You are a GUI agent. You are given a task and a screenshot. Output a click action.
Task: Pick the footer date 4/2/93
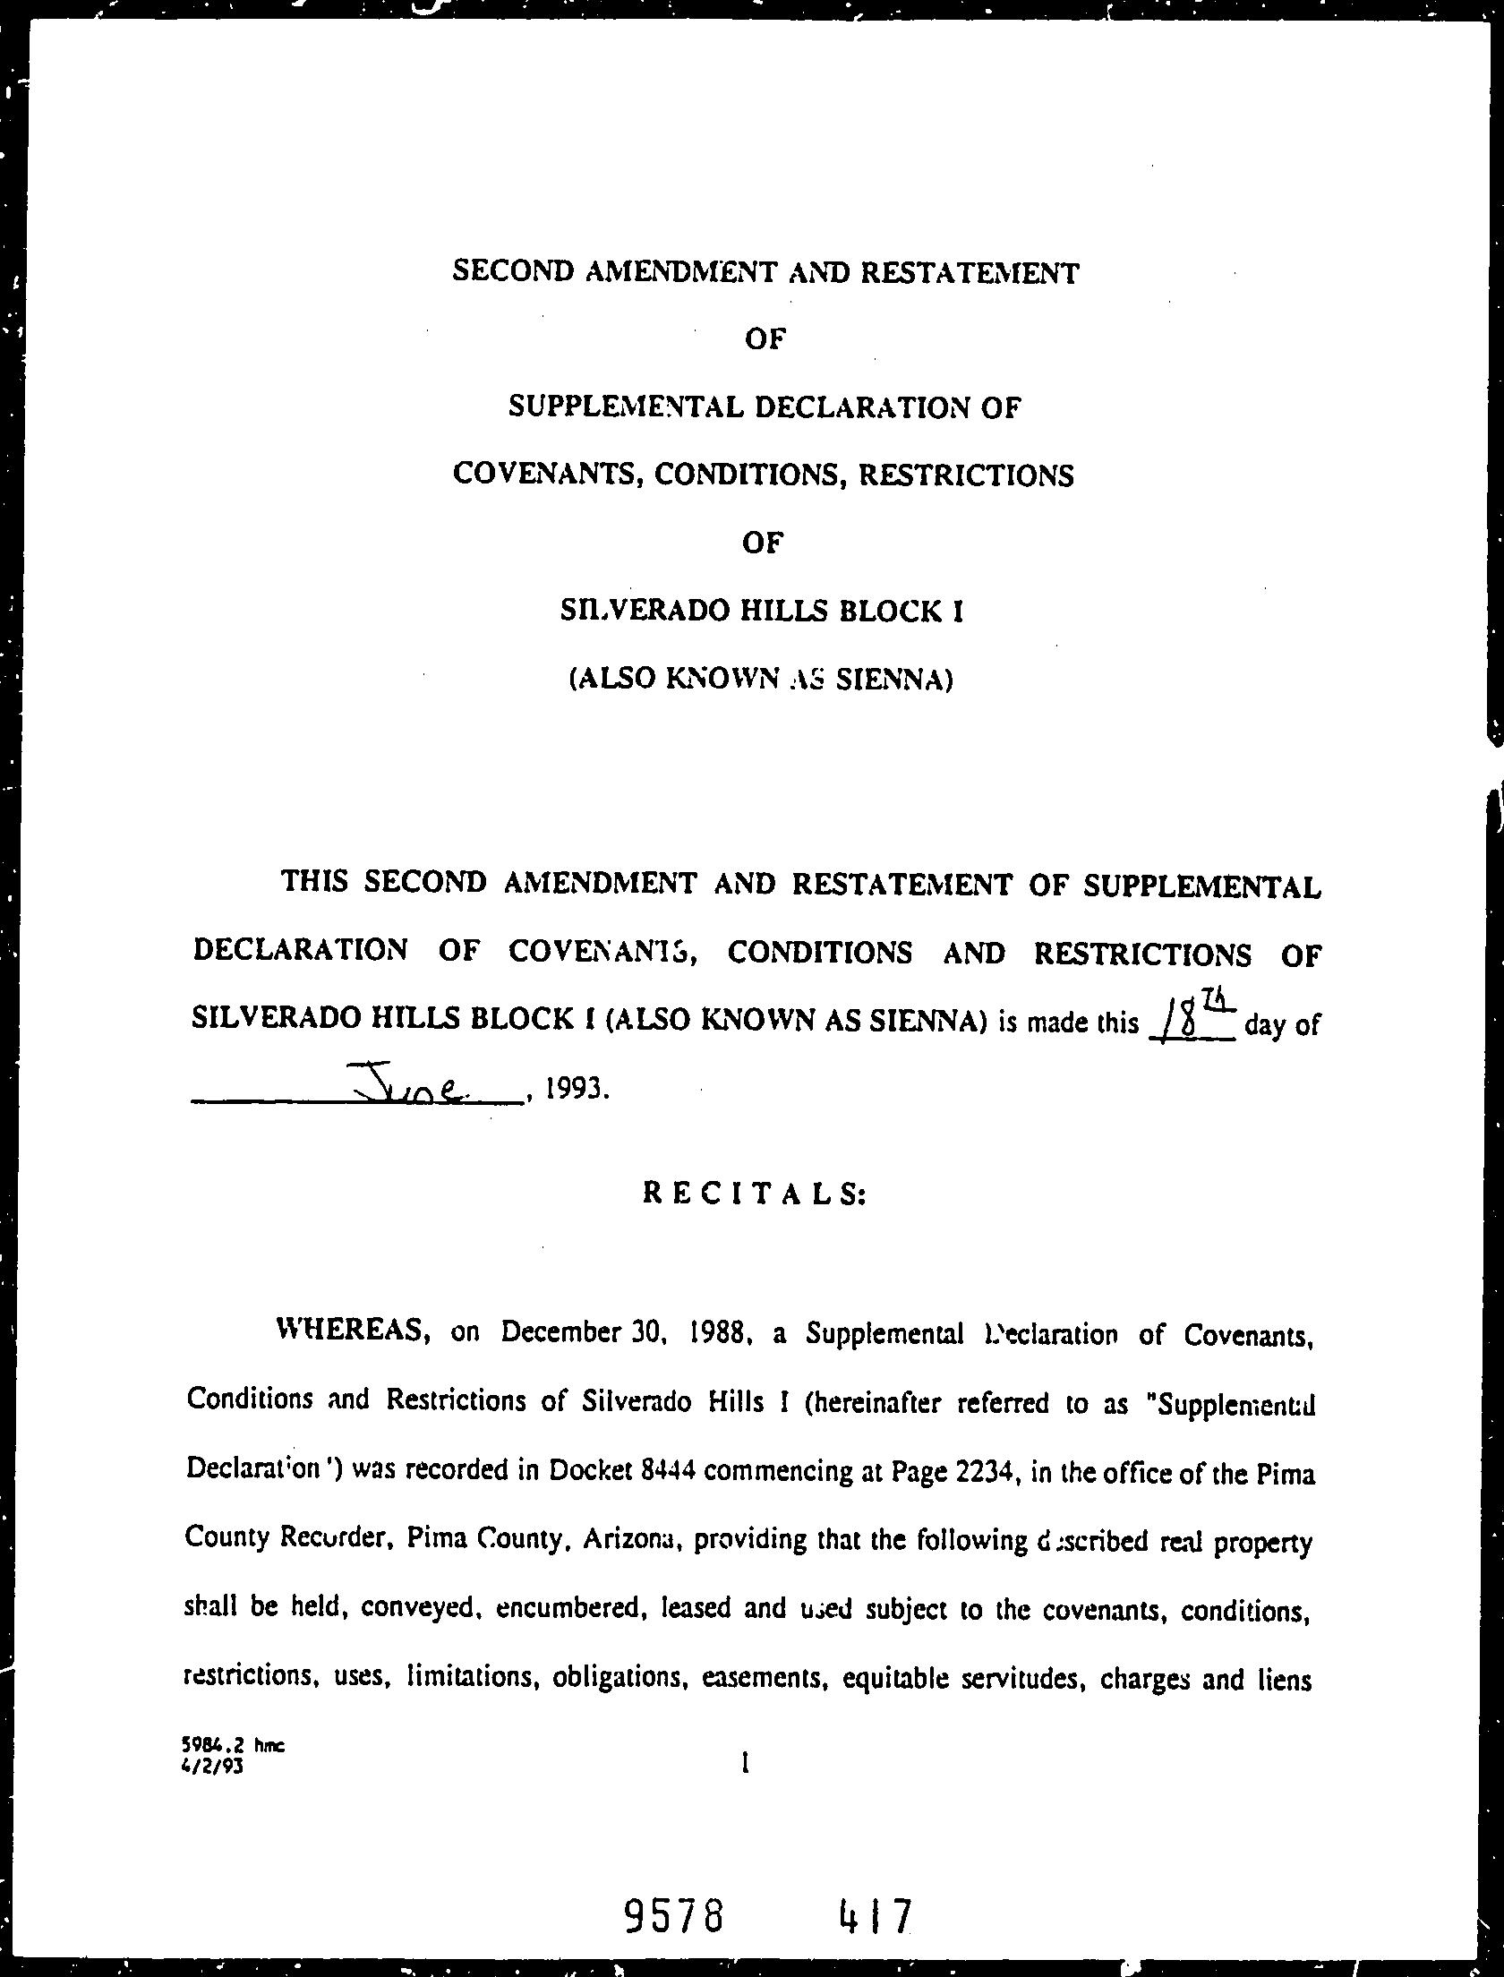click(212, 1766)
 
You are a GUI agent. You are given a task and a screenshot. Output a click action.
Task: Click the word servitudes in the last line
click(1013, 1678)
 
